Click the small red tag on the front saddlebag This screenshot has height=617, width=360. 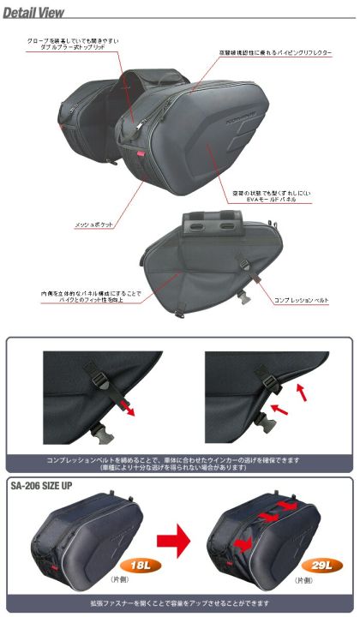pyautogui.click(x=136, y=152)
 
